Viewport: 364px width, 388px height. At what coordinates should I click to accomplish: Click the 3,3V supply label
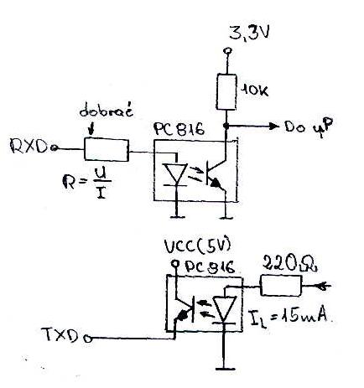pos(249,33)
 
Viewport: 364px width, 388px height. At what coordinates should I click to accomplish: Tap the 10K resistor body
pos(226,91)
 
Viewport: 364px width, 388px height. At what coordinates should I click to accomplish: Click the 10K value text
pos(254,91)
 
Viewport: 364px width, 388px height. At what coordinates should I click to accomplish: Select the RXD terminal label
pos(29,146)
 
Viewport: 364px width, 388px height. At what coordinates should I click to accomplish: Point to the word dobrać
pos(106,111)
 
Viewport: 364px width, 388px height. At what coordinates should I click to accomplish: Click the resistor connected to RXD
pos(107,150)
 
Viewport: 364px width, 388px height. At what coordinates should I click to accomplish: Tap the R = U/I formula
pos(87,184)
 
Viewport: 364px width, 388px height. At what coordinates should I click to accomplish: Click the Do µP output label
pos(309,127)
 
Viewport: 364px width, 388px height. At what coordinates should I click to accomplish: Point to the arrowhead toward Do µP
pos(274,127)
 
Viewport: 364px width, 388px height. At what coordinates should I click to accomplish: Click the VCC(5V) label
pos(198,246)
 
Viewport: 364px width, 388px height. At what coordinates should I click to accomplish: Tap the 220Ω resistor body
pos(281,286)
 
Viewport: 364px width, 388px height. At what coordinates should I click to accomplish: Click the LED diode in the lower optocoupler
pos(224,309)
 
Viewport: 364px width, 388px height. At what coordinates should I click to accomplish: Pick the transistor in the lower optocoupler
pos(184,310)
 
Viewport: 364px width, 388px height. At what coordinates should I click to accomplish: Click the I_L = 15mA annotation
pos(288,318)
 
